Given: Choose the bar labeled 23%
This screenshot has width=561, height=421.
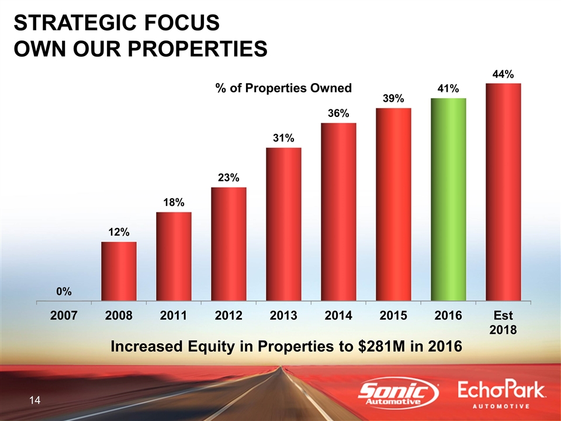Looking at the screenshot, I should click(228, 244).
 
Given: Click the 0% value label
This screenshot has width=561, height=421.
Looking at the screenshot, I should click(64, 291).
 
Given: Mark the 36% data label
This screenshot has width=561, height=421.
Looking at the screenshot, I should click(338, 113).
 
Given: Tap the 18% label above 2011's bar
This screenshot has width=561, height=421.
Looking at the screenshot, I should click(174, 202).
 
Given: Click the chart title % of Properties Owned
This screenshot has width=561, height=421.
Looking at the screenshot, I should click(283, 88).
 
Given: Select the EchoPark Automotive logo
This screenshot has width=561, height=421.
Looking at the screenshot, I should click(502, 395).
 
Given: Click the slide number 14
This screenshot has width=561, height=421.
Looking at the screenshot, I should click(34, 401).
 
